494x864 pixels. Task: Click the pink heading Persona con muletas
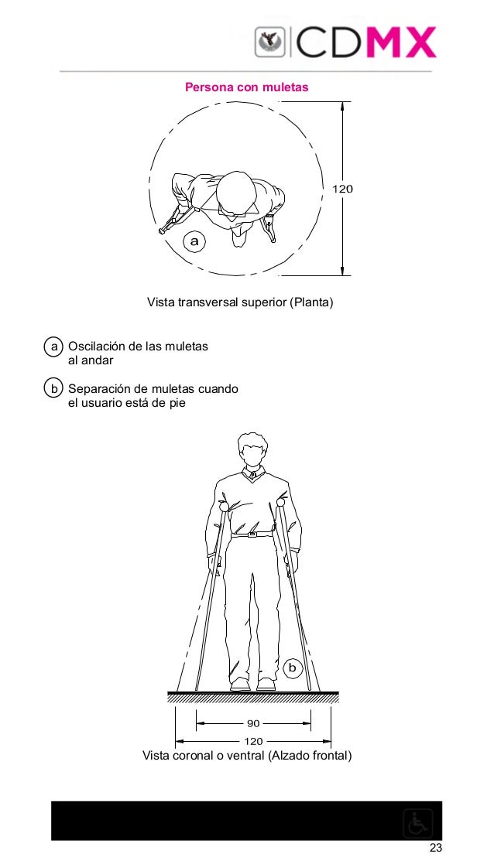(x=246, y=87)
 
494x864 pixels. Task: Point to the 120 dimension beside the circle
(x=342, y=189)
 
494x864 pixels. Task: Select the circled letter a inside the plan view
(x=194, y=242)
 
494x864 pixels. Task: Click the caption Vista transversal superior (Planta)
(x=239, y=301)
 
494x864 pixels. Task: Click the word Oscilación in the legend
(x=97, y=347)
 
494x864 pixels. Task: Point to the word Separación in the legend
(x=99, y=388)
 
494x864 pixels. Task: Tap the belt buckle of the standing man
(x=252, y=534)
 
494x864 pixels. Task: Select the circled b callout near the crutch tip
(x=292, y=666)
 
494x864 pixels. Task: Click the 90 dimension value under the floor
(x=253, y=725)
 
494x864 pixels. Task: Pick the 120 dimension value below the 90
(x=253, y=741)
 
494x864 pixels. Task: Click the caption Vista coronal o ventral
(x=247, y=756)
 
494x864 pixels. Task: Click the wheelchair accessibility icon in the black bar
(x=418, y=823)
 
